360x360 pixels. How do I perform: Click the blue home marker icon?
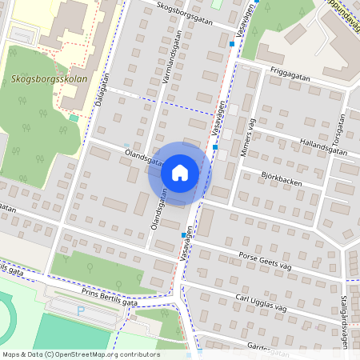pyautogui.click(x=180, y=172)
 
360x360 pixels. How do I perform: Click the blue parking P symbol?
pyautogui.click(x=81, y=309)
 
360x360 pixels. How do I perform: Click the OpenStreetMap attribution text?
pyautogui.click(x=80, y=354)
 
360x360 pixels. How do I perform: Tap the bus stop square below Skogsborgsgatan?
pyautogui.click(x=232, y=44)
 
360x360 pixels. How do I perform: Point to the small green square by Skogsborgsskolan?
pyautogui.click(x=74, y=118)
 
